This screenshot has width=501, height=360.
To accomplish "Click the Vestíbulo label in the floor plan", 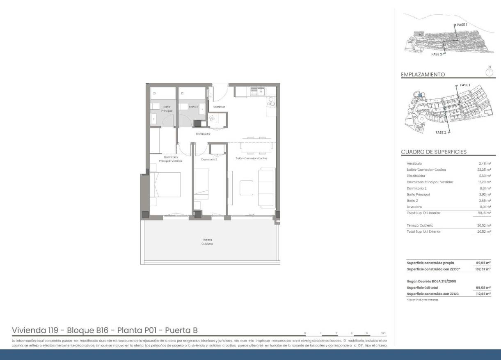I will (x=219, y=107).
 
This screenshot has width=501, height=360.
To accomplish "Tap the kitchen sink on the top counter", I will (x=259, y=91).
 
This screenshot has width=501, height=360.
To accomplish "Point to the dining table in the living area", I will (x=256, y=145).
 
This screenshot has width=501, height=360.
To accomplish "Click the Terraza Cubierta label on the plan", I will (x=207, y=241).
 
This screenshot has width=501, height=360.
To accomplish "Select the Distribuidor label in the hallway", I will (x=203, y=134).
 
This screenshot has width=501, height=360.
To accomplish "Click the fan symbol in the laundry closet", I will (x=213, y=118).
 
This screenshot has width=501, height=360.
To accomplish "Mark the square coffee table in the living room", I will (x=246, y=187).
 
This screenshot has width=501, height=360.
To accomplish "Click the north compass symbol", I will (x=489, y=72).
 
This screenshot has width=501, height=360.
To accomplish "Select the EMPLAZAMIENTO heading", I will (x=423, y=75).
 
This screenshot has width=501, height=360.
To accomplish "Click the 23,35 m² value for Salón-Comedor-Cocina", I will (x=485, y=170).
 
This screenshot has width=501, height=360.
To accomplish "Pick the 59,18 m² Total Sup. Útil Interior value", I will (x=485, y=213).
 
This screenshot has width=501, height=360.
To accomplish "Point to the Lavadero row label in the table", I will (x=414, y=206).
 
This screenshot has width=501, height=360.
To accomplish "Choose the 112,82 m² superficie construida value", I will (x=483, y=294).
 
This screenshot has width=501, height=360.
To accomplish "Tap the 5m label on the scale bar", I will (x=383, y=332).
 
